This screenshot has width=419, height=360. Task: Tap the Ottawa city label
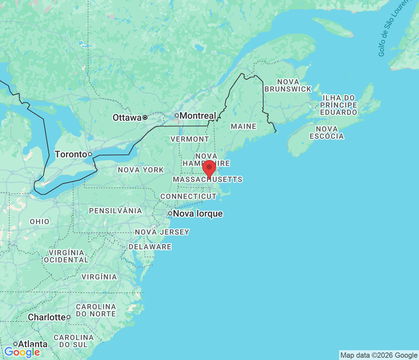click(x=127, y=117)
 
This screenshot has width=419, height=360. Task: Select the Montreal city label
click(x=198, y=116)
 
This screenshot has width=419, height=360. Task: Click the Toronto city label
click(x=71, y=154)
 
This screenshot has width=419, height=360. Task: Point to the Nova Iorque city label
click(x=198, y=214)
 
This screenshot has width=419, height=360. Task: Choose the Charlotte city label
click(x=47, y=317)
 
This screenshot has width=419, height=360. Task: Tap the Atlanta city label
click(x=33, y=344)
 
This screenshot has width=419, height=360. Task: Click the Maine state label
click(x=244, y=126)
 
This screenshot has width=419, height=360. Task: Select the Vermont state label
click(x=190, y=139)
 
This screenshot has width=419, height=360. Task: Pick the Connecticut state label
click(x=188, y=196)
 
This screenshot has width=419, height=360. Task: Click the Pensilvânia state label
click(x=116, y=211)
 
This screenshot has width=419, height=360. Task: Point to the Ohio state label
click(x=40, y=222)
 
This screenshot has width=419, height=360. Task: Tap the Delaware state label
click(x=150, y=247)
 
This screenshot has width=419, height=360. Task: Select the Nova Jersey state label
click(x=162, y=232)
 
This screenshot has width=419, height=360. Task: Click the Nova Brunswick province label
click(x=288, y=85)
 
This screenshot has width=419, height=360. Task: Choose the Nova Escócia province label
click(x=327, y=133)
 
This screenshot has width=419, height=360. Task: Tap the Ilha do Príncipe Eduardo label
click(x=338, y=105)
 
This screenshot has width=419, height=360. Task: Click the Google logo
click(x=22, y=352)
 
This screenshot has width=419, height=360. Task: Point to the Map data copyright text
click(x=379, y=355)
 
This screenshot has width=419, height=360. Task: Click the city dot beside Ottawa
click(x=145, y=117)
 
